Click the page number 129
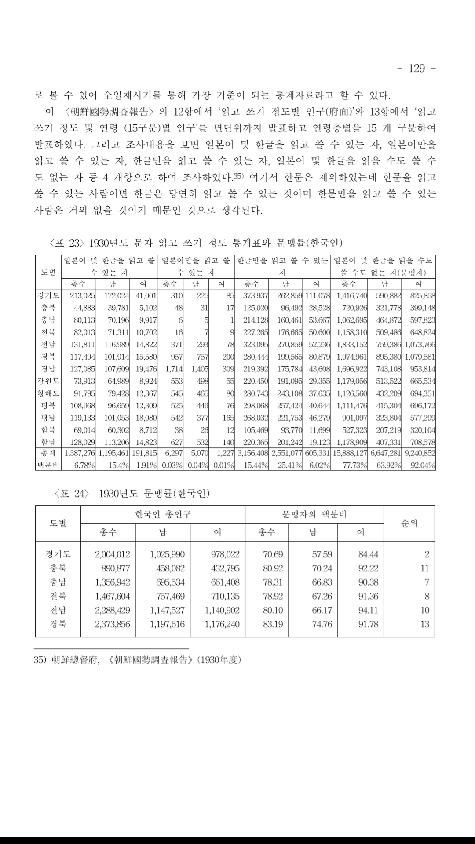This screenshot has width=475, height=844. (x=417, y=68)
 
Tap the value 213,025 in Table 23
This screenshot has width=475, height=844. (x=82, y=295)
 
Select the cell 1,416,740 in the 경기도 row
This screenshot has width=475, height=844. (x=352, y=295)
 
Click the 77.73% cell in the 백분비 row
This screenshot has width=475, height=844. (x=355, y=465)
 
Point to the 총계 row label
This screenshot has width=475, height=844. (x=48, y=453)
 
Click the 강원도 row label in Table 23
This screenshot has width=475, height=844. (x=48, y=381)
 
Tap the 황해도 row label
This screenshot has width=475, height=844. (x=48, y=393)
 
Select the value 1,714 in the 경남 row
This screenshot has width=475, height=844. (x=174, y=369)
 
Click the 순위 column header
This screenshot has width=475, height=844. (x=409, y=523)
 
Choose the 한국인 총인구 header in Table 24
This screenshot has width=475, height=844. (x=163, y=514)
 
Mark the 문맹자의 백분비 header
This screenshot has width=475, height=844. (x=314, y=514)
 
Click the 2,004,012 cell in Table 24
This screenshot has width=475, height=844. (x=113, y=554)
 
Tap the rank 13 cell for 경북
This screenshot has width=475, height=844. (x=424, y=624)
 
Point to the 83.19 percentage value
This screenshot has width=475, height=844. (x=273, y=624)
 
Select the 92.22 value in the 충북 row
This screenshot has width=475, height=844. (x=368, y=568)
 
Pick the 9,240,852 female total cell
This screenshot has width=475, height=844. (x=420, y=453)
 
